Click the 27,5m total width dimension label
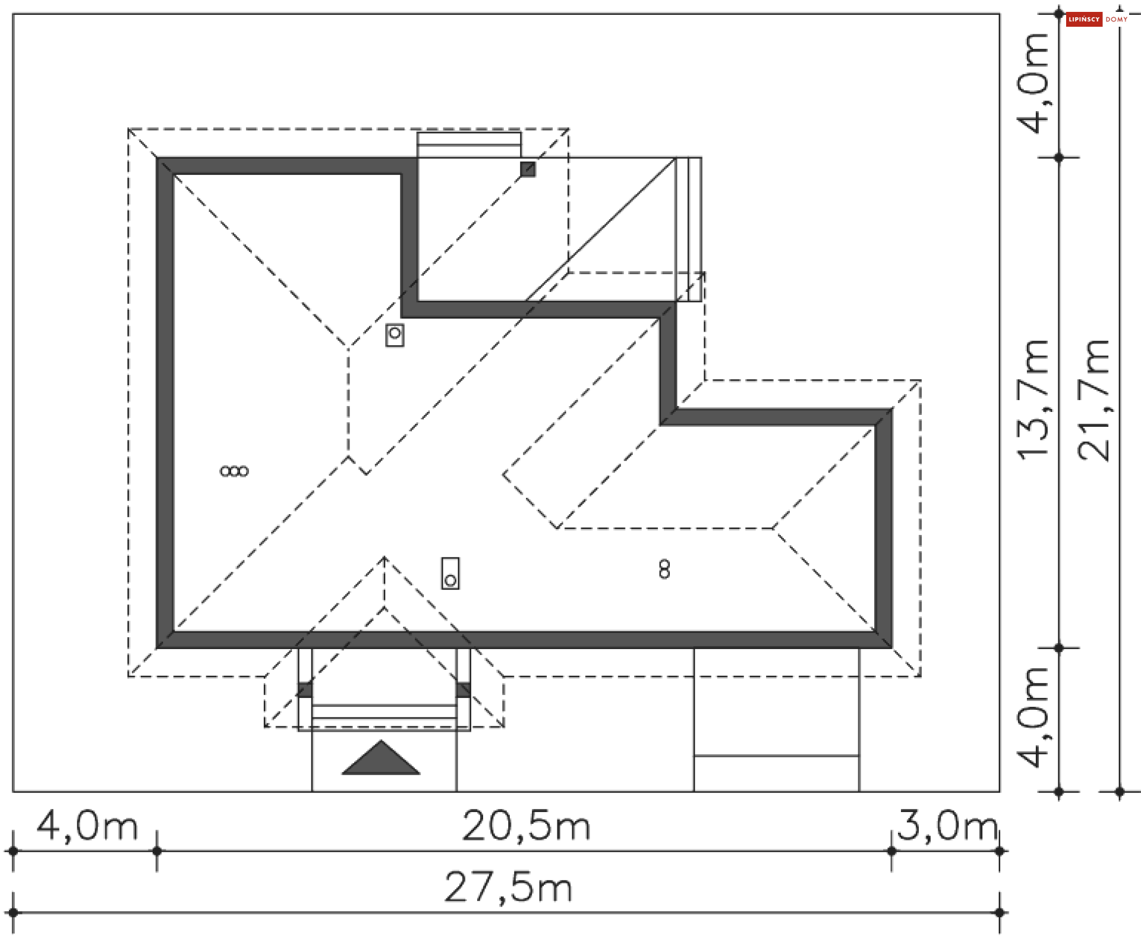tap(508, 887)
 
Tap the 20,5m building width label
tap(526, 826)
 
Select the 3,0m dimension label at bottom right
tap(947, 826)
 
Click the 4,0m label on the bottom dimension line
tap(87, 826)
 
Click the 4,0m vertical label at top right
tap(1033, 83)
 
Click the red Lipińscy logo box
tap(1084, 20)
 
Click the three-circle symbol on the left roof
tap(234, 471)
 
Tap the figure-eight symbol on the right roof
tap(664, 569)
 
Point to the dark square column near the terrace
tap(528, 169)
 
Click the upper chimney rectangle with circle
tap(395, 335)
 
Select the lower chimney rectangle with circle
tap(450, 574)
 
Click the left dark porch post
tap(305, 690)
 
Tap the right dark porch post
tap(463, 690)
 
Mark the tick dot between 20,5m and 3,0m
tap(891, 851)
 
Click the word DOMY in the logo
tap(1117, 20)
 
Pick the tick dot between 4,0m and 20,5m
tap(157, 851)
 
